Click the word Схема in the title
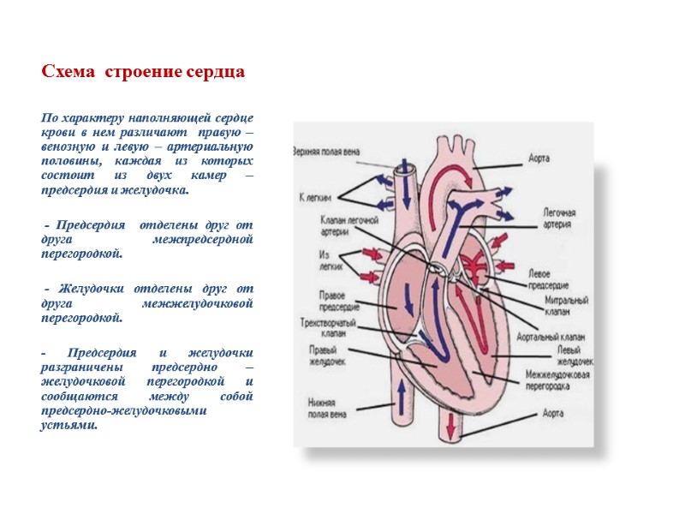(x=68, y=72)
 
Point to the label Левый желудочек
(x=575, y=356)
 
